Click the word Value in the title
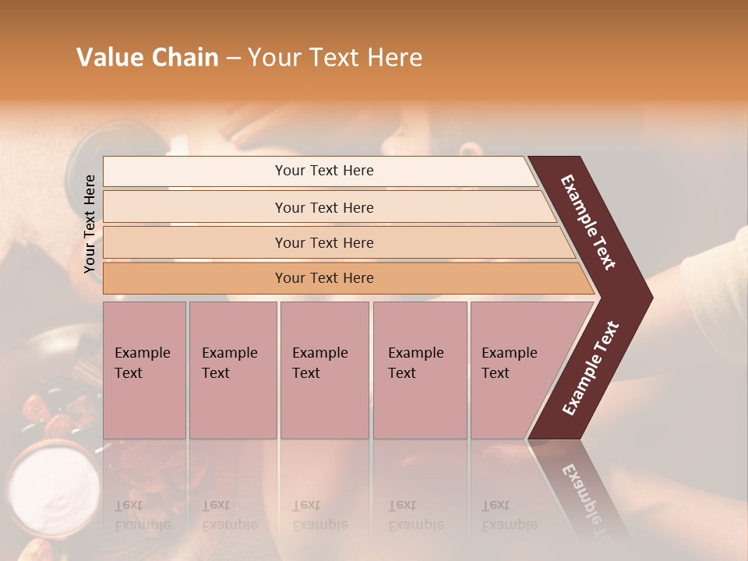(x=108, y=58)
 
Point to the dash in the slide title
(x=233, y=58)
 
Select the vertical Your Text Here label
(x=90, y=224)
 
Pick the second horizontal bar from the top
(x=324, y=207)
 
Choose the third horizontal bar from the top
(x=324, y=242)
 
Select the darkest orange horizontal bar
(x=324, y=278)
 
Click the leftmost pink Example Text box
(x=144, y=369)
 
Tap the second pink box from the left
(x=232, y=369)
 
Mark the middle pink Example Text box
(x=324, y=369)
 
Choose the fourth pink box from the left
(x=420, y=369)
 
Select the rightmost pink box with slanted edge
(x=514, y=369)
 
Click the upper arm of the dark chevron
(x=590, y=222)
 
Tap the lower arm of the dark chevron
(x=591, y=368)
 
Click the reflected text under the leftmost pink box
(x=143, y=515)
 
